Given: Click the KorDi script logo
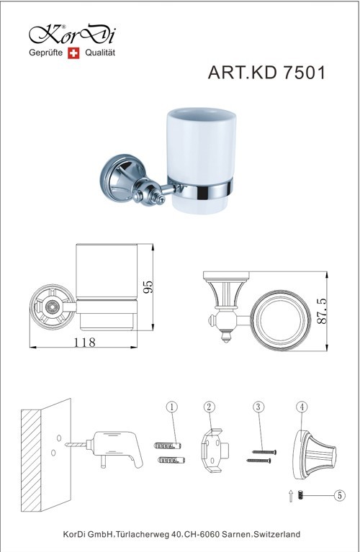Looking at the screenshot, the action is [x=73, y=35].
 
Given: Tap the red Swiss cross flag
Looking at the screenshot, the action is [x=73, y=53].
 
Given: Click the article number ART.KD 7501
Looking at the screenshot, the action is [x=266, y=73].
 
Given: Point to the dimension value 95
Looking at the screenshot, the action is [x=148, y=287].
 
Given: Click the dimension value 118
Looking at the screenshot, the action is [x=84, y=342].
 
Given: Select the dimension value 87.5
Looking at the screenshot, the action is [x=322, y=311].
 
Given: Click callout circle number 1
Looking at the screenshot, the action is [x=171, y=407].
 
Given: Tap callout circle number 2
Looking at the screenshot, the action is [x=210, y=407].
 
